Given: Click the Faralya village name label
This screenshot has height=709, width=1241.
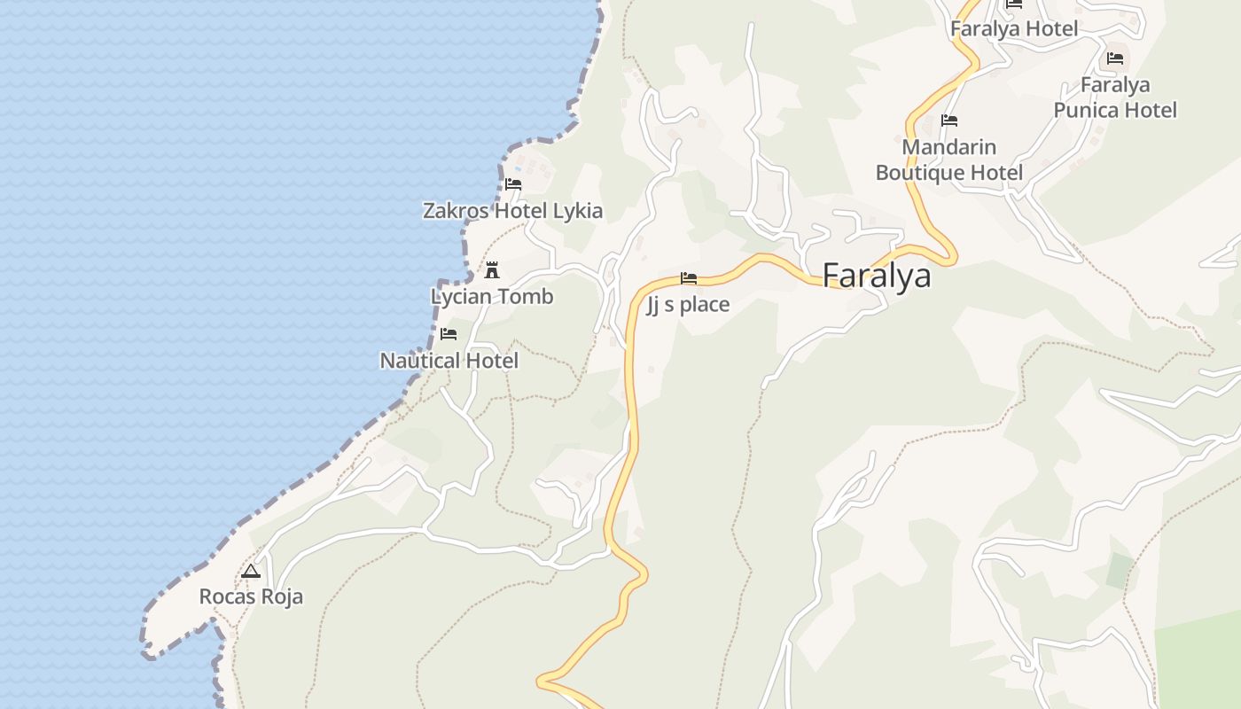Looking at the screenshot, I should [x=877, y=276].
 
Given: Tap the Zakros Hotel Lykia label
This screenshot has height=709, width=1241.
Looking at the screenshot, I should [x=512, y=211].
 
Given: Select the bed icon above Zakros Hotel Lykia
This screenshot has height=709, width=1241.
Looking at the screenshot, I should [x=513, y=185].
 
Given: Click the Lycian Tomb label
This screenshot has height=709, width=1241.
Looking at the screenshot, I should [x=492, y=297].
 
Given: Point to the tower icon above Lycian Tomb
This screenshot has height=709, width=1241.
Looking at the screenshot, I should [x=492, y=270].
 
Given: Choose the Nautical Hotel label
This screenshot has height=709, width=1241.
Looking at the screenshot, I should [x=449, y=361].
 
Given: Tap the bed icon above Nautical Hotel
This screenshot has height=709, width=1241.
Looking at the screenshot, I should [x=449, y=334].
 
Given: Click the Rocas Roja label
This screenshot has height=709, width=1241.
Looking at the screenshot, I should [x=251, y=596].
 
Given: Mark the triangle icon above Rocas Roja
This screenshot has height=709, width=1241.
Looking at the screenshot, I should [x=251, y=572].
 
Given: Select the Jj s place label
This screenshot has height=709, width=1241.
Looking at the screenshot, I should [x=688, y=305].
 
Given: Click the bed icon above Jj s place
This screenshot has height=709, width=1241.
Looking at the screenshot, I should [x=689, y=279].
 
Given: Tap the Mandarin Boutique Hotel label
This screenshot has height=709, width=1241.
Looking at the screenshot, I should [x=949, y=160].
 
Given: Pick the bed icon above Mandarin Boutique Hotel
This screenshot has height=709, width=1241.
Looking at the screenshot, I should [x=949, y=121].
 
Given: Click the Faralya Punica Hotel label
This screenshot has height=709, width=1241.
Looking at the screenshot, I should [x=1115, y=97].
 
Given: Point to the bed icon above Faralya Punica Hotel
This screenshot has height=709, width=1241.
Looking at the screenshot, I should [x=1115, y=59].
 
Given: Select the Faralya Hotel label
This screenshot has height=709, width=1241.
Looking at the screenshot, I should [x=1014, y=29].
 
